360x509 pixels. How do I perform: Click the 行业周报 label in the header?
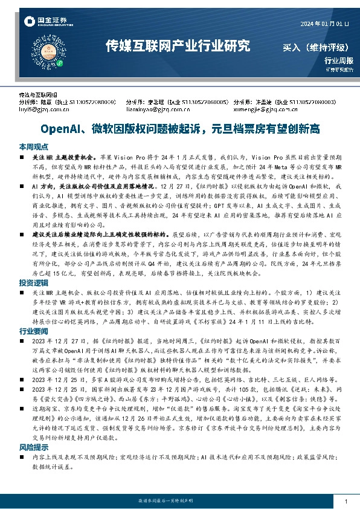click(338, 60)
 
